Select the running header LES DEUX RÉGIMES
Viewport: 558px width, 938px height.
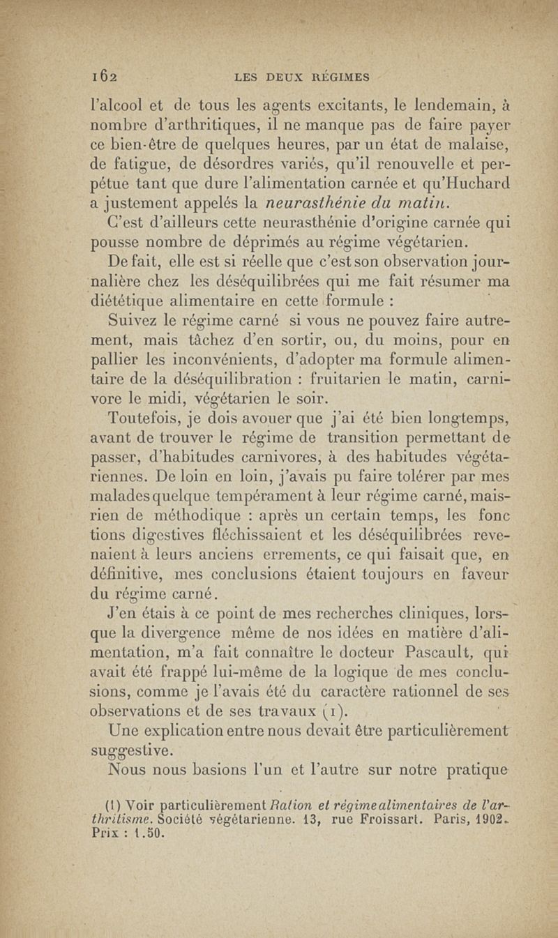[308, 76]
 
